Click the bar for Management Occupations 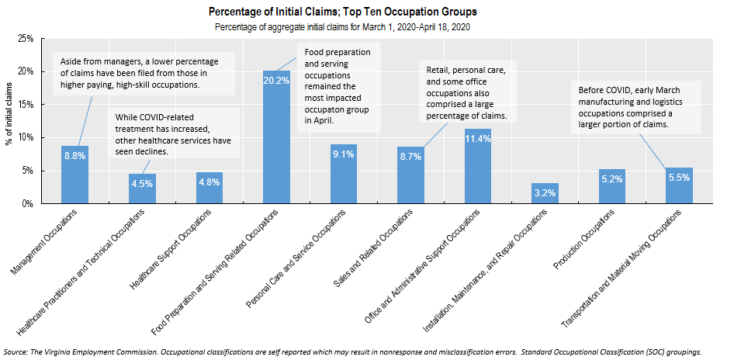point(74,175)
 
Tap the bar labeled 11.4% point(478,166)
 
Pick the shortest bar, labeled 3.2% point(545,193)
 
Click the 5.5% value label point(680,178)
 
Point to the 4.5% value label point(142,183)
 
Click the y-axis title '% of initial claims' point(9,121)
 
